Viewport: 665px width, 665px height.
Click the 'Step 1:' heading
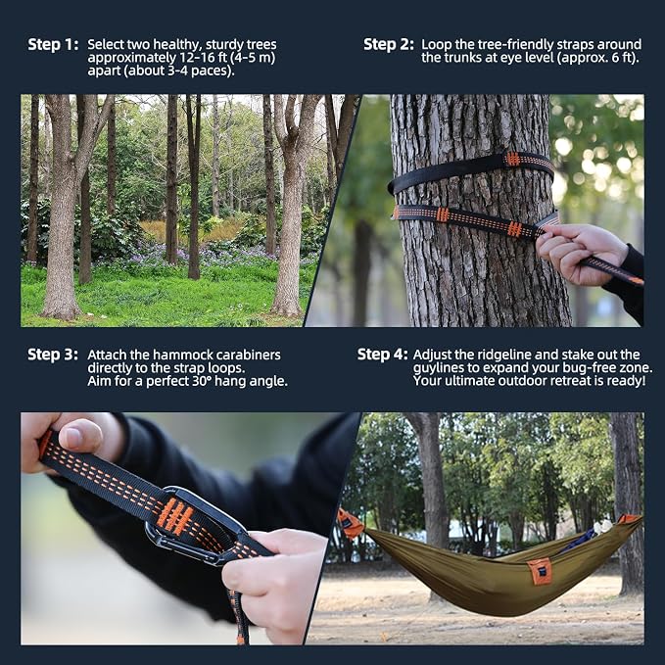point(53,44)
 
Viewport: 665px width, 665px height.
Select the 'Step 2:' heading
point(389,44)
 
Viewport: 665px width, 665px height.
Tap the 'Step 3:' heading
point(53,355)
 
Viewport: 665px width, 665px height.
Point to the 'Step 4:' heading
point(383,355)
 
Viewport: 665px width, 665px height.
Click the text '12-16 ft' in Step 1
point(199,58)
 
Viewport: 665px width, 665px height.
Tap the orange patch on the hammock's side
point(540,571)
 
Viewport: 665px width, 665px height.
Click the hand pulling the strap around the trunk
point(581,254)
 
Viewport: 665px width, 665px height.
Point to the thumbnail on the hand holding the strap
point(80,437)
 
